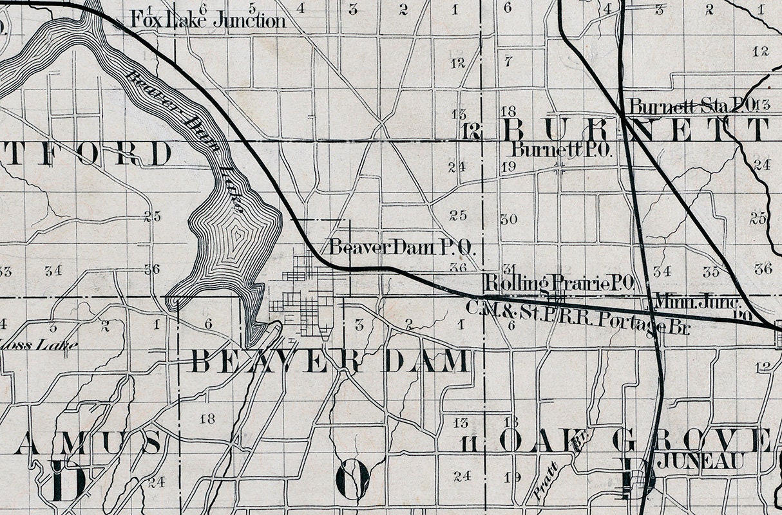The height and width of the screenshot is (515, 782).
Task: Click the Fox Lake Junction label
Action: (207, 21)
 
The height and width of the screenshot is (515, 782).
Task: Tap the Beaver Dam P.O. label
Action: (403, 247)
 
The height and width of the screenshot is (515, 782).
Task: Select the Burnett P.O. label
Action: (560, 150)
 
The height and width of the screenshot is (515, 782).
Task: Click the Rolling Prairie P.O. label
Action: (560, 282)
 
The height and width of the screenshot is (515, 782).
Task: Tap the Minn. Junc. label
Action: (697, 300)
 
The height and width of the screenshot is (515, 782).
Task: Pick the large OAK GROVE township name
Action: (634, 442)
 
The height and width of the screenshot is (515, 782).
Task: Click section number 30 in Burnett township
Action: (509, 219)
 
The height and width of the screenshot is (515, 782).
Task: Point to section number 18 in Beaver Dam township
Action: (207, 419)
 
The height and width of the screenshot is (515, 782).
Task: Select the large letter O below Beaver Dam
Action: (353, 479)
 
